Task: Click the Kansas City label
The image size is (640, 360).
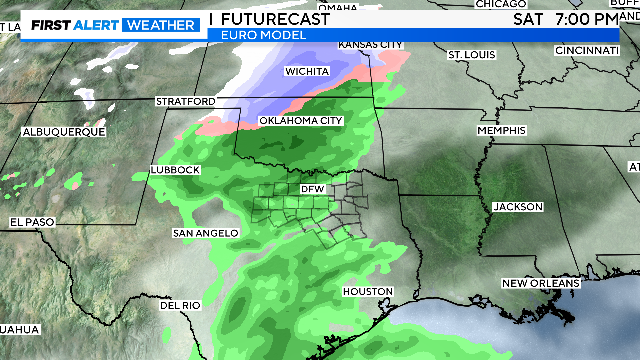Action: click(371, 45)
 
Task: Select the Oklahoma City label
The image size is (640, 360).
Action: click(301, 121)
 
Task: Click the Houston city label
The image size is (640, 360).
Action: click(366, 291)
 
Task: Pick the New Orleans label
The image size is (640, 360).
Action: click(541, 284)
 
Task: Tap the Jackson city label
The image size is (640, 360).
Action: click(518, 207)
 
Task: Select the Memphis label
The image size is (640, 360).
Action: click(501, 131)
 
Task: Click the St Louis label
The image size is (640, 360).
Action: click(471, 54)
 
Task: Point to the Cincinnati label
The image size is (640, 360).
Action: click(586, 50)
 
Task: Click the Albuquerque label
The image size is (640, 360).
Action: click(64, 132)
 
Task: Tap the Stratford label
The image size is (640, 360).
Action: click(185, 102)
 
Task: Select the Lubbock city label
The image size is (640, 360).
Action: click(176, 170)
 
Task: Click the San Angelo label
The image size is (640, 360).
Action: click(206, 233)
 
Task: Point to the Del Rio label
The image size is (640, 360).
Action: click(181, 305)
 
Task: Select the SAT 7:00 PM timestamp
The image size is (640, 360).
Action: click(565, 18)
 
